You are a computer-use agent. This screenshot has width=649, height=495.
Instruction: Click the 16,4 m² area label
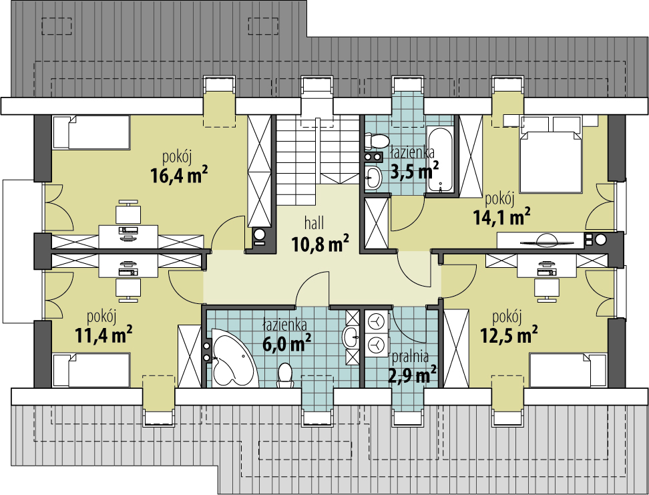179,175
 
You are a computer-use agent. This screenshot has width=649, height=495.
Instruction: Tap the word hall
314,224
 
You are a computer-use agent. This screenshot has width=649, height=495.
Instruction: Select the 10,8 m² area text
320,244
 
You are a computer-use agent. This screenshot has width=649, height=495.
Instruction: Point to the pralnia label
410,356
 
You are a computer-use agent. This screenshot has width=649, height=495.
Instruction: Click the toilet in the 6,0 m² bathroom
284,375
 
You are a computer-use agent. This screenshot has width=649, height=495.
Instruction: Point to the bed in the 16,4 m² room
91,132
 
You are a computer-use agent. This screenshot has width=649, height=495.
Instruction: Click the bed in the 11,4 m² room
91,370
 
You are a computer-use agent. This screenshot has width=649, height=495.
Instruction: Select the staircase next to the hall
317,160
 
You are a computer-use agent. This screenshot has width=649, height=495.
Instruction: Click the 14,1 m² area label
502,216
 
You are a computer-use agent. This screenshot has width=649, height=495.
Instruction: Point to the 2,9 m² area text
412,375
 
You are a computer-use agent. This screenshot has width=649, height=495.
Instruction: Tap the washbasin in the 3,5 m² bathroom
374,177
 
